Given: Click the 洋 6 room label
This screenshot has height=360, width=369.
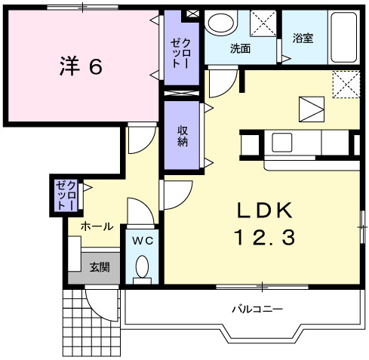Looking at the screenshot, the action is pos(81,66).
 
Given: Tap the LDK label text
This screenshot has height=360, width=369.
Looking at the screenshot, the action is pos(265,211).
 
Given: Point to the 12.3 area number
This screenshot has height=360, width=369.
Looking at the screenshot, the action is pos(265,238).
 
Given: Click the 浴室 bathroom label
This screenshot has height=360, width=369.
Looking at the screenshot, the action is pos(303,38).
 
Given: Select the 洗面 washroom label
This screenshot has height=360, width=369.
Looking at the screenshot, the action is pos(240,48).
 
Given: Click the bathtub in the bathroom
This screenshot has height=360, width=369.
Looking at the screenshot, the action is pos(344,37).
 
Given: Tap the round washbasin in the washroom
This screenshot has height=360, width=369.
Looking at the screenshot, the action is pos(221,23).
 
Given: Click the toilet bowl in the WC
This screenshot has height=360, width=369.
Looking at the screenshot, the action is pos(142,266).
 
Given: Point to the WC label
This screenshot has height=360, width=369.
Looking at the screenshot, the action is pos(143,241).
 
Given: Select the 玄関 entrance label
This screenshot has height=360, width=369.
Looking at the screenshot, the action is pos(100,267).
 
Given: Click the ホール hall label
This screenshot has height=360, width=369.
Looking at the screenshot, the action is pos(97,226).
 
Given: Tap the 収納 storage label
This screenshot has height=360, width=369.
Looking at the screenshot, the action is pos(183,136).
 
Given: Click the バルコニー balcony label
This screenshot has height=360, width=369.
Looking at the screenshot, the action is pos(257,309).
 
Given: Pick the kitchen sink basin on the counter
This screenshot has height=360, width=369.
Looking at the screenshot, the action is pos(282,143).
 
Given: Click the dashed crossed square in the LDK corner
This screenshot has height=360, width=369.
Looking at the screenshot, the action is pos(346,85).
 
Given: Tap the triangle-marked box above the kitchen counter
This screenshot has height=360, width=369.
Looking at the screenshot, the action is pos(312,109).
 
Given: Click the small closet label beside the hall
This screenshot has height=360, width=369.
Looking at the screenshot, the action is pos(66,195).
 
